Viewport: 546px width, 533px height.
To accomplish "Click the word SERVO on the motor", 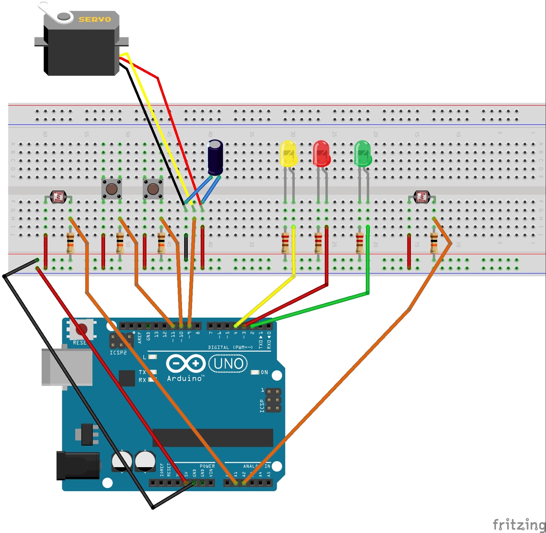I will [95, 19].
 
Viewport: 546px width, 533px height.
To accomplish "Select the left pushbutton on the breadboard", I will [112, 189].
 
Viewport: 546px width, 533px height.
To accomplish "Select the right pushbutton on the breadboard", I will [153, 189].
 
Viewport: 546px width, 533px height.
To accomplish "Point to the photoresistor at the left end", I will [58, 197].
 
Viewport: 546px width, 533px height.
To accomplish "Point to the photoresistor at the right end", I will [422, 197].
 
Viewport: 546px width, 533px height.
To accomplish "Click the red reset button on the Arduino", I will [81, 329].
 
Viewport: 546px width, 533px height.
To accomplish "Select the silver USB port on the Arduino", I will [67, 367].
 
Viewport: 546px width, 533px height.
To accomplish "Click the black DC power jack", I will [78, 465].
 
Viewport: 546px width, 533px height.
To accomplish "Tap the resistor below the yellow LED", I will [285, 243].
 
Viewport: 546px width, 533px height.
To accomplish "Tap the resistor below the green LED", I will [359, 243].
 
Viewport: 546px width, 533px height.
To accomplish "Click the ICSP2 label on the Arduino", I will [118, 353].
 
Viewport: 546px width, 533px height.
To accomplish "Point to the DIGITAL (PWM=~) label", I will [230, 347].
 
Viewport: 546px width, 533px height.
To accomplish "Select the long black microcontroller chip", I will [213, 438].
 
